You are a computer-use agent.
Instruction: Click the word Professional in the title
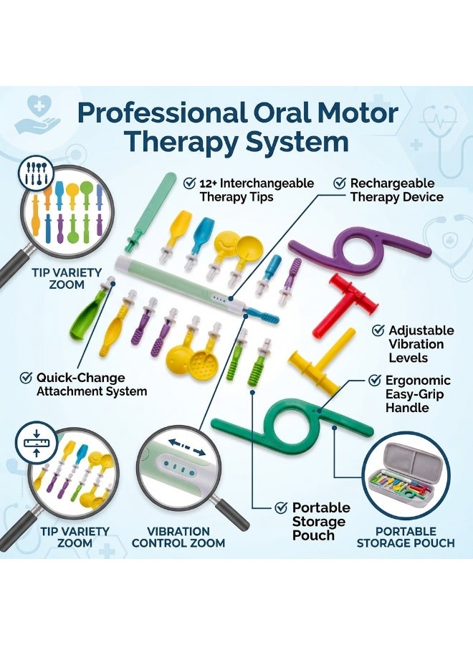163,113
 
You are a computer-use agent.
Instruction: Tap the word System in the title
297,141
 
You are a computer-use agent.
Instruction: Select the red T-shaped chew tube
345,305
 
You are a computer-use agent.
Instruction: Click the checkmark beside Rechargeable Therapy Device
339,183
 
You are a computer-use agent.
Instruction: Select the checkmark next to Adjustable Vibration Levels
378,330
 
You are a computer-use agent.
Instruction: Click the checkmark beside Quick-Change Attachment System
26,377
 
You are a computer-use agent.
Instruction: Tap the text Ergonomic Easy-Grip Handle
418,394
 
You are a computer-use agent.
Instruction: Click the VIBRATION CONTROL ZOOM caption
178,537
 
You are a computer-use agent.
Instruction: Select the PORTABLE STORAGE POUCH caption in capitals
406,537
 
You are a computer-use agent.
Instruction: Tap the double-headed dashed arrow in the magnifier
187,447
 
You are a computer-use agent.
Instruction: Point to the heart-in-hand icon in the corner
37,115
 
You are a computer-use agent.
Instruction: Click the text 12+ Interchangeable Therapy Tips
257,190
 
